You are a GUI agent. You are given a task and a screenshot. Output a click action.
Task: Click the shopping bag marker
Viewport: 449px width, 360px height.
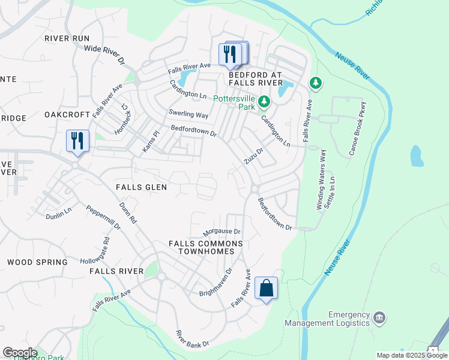[267, 288]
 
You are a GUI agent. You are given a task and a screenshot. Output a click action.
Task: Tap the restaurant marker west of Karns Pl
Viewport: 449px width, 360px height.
[77, 141]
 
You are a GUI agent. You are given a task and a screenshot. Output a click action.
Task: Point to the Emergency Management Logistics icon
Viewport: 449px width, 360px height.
[379, 317]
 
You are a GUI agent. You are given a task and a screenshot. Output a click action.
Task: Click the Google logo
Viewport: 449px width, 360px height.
[19, 353]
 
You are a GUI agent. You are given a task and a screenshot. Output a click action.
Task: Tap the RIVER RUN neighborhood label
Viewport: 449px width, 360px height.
[67, 38]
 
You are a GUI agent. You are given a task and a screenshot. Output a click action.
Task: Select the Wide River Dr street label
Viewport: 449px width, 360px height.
[104, 55]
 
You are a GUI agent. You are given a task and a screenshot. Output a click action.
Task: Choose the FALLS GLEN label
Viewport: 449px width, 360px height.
[141, 187]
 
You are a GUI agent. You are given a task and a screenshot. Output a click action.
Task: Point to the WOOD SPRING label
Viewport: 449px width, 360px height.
[37, 262]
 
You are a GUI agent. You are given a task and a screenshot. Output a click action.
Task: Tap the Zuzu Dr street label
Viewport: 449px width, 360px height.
[254, 157]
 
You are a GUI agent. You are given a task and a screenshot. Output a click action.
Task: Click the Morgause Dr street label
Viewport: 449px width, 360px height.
[221, 232]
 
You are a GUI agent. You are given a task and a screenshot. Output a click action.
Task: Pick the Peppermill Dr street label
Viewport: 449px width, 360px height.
[104, 218]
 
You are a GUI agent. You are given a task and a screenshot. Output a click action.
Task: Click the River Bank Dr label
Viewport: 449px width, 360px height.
[192, 339]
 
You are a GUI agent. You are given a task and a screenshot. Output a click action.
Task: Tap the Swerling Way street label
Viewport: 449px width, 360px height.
[188, 114]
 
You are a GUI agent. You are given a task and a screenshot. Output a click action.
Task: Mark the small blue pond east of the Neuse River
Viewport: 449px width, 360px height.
[416, 155]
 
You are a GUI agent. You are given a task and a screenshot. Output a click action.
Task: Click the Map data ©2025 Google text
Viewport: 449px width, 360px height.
[411, 355]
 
